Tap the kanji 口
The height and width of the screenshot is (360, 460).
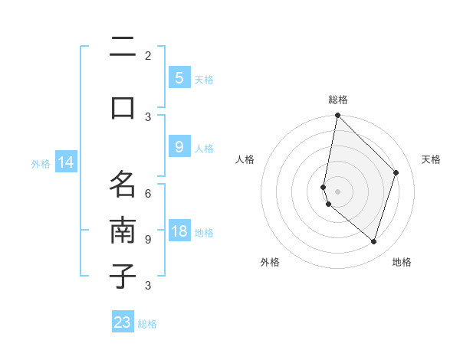click(123, 107)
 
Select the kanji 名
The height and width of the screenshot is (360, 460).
click(123, 184)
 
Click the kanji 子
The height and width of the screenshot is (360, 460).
click(123, 276)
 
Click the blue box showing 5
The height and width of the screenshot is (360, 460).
click(179, 78)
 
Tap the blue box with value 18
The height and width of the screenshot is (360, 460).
click(179, 232)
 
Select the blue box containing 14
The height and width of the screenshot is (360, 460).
click(65, 162)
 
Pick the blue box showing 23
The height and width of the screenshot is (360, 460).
click(123, 322)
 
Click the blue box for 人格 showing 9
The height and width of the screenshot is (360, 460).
click(179, 147)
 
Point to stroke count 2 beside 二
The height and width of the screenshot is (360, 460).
click(148, 55)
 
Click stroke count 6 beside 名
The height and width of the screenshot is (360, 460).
click(148, 194)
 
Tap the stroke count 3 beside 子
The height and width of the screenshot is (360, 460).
click(148, 286)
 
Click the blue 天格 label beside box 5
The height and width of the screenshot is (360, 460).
click(204, 79)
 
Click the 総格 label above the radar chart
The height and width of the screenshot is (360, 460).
click(337, 100)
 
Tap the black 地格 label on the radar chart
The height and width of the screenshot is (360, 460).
click(402, 262)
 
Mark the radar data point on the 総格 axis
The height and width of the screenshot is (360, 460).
click(337, 115)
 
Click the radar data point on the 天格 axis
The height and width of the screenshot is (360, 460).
click(396, 172)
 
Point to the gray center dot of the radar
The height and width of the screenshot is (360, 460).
click(337, 191)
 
